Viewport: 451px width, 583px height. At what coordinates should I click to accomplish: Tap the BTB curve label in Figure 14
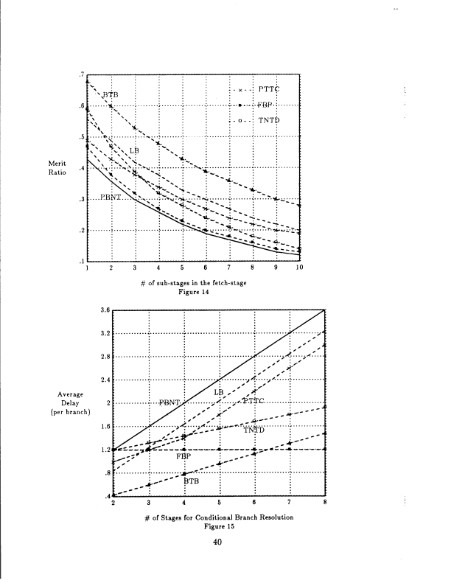point(111,95)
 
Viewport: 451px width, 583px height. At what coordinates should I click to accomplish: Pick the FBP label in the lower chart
point(184,457)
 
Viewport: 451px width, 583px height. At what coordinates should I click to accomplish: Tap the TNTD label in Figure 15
point(254,430)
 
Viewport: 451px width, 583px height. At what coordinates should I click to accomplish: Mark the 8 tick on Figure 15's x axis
point(324,503)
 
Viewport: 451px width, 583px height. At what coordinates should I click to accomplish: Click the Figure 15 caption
point(218,526)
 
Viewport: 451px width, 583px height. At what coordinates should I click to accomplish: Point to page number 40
point(217,542)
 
